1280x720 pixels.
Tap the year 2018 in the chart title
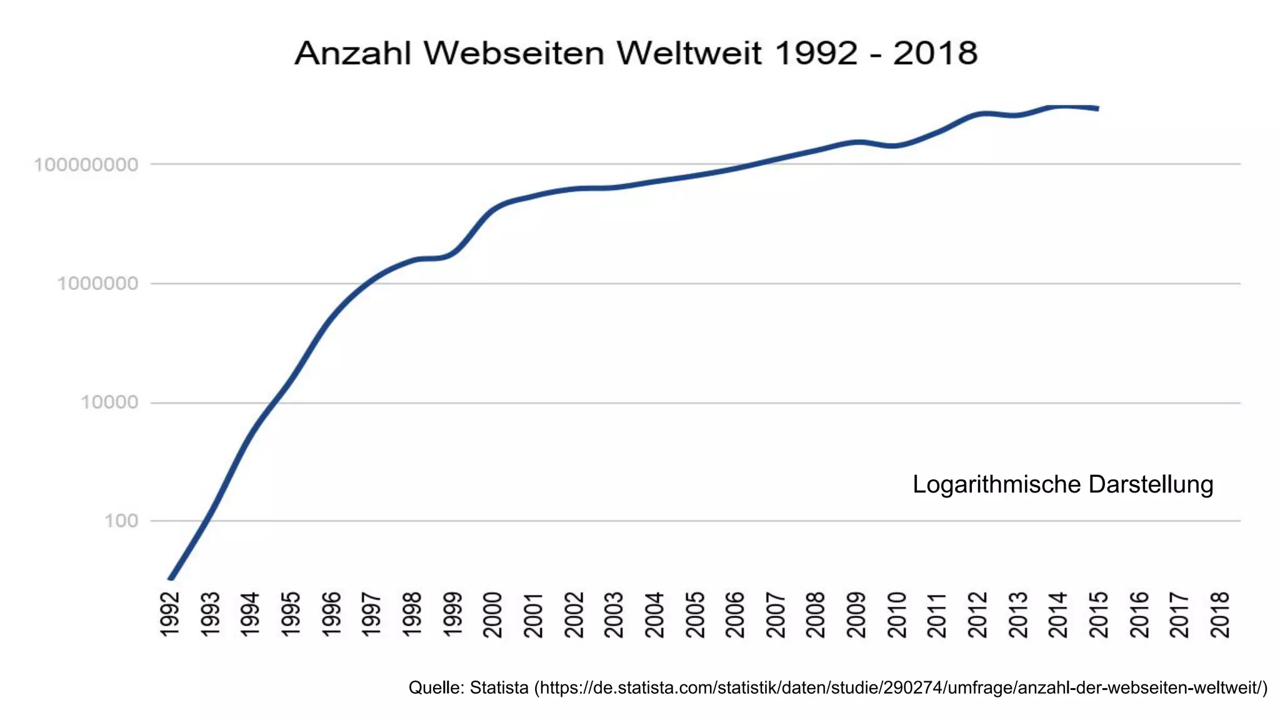[935, 53]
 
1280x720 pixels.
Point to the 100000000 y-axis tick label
[86, 165]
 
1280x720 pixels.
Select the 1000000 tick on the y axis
[97, 284]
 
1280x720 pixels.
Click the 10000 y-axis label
[109, 402]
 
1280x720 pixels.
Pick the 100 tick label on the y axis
[121, 521]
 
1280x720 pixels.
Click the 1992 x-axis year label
[170, 615]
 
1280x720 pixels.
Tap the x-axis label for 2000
[493, 615]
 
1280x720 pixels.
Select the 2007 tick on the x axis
[776, 615]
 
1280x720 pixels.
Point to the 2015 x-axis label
[1099, 615]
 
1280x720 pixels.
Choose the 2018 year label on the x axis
[1220, 615]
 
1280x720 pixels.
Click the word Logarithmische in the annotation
[996, 485]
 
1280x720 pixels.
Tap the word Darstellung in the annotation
[1151, 485]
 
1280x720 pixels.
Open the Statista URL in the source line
[900, 688]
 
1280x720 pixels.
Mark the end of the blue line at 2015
[1097, 109]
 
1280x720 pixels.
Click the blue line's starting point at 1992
[171, 579]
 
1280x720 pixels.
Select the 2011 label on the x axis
[937, 615]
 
